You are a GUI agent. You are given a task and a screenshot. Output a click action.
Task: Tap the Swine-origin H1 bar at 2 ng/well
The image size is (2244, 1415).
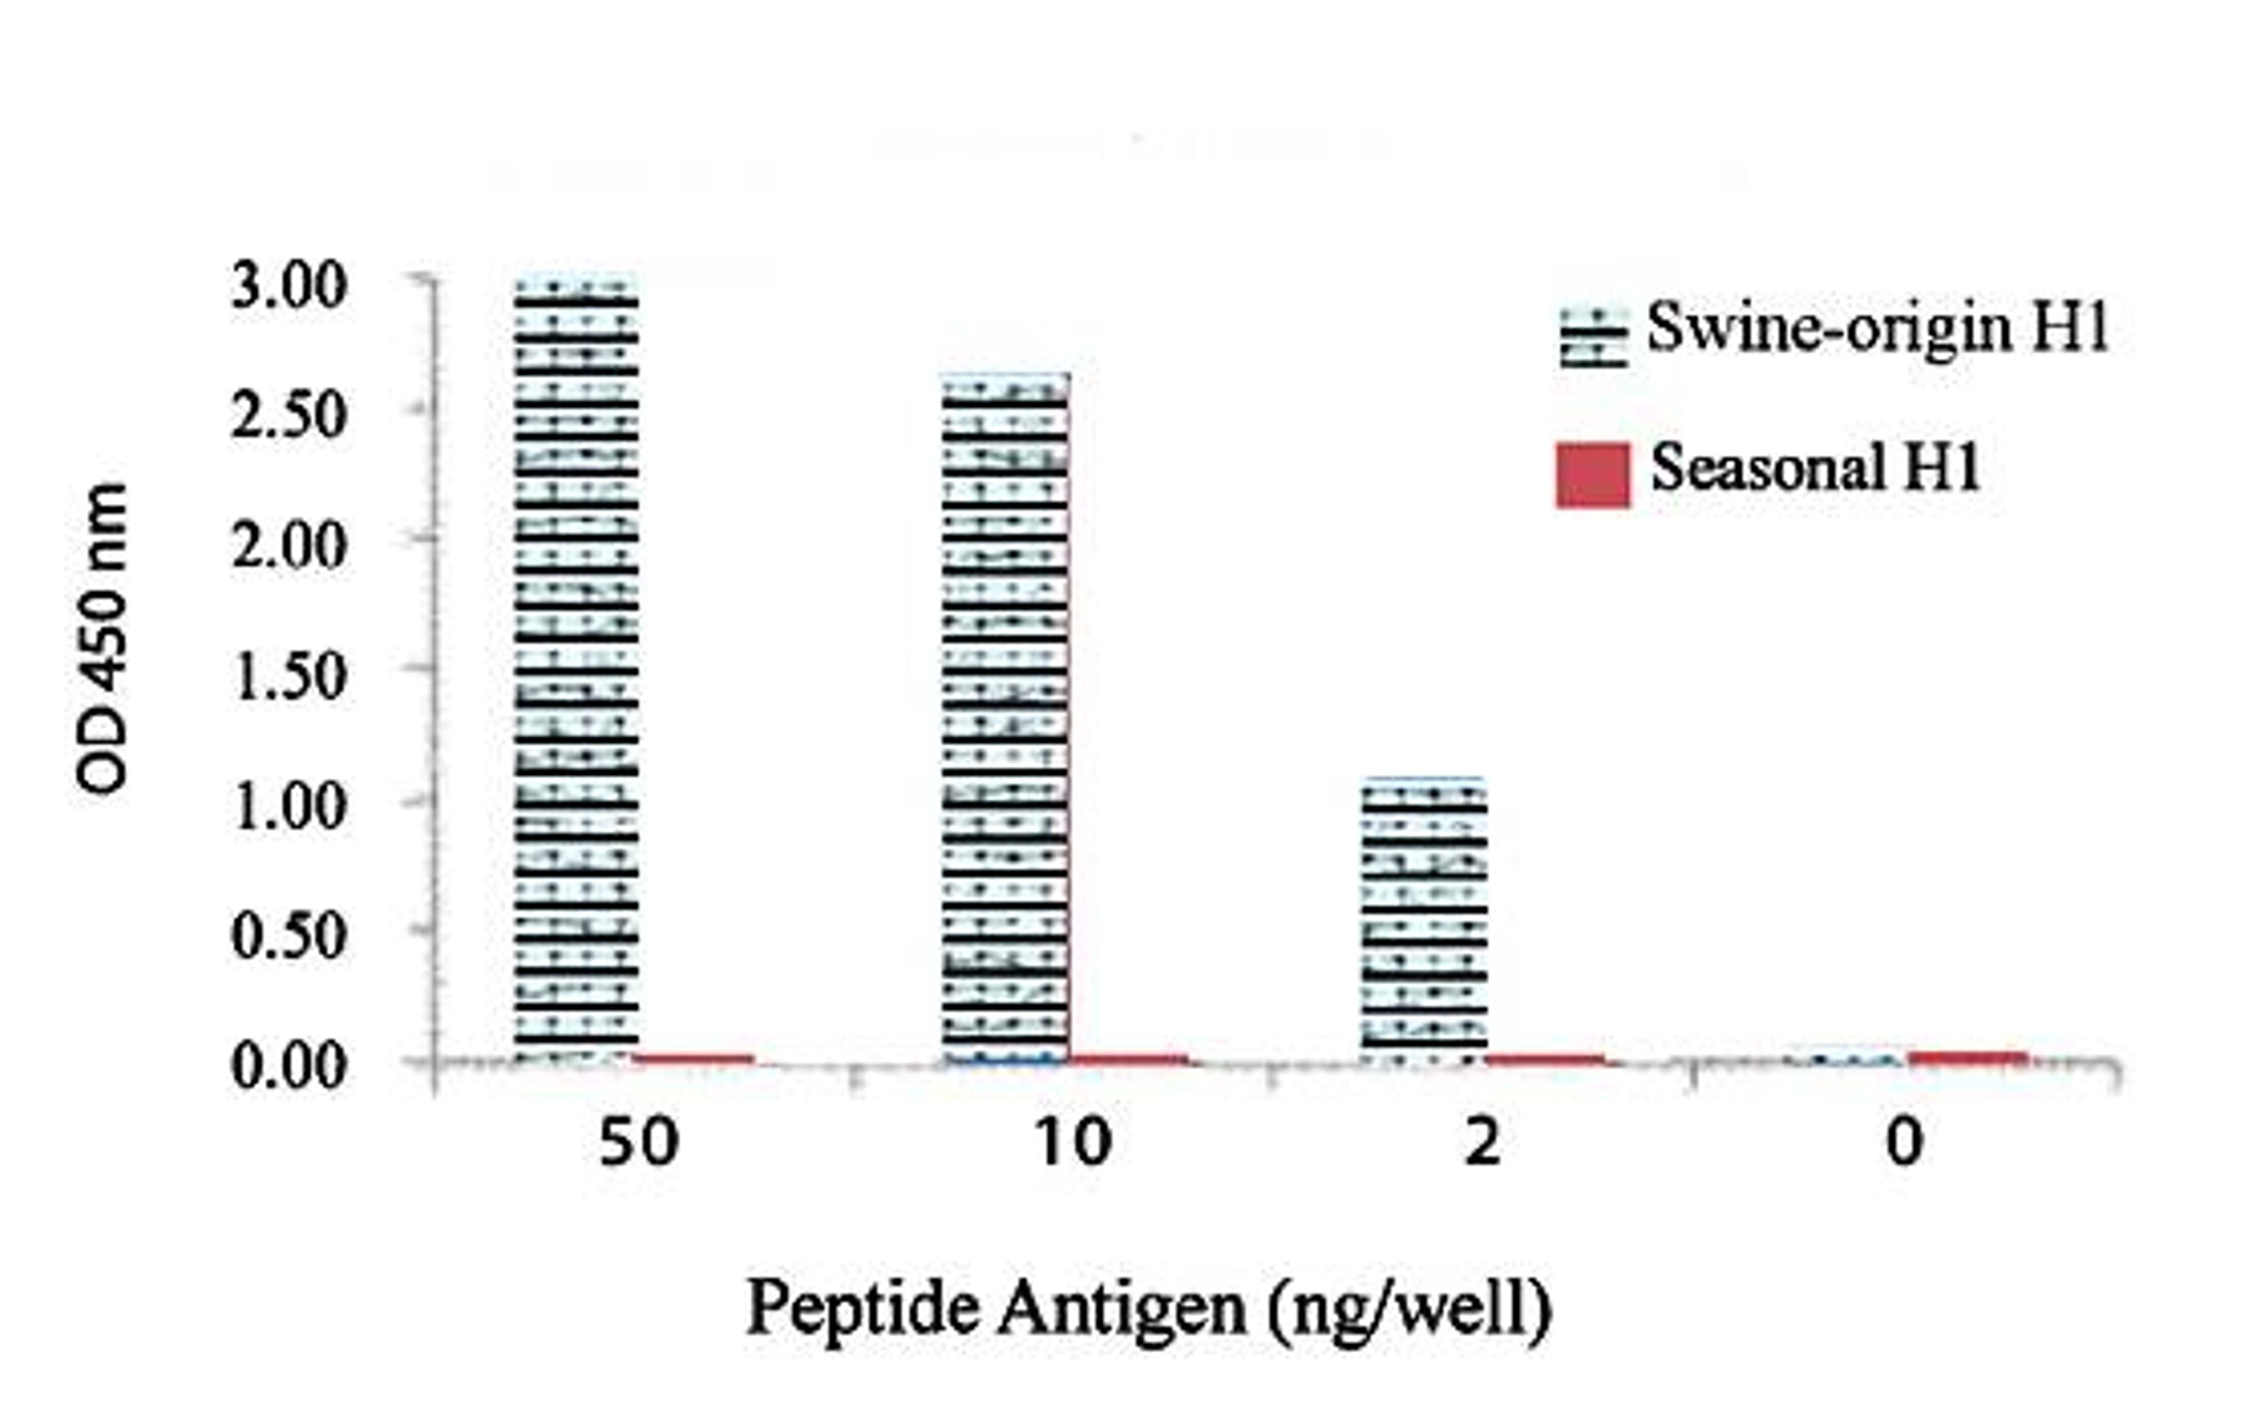[x=1424, y=920]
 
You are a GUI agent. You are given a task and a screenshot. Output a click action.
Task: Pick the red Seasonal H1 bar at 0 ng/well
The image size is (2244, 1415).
[x=1967, y=1057]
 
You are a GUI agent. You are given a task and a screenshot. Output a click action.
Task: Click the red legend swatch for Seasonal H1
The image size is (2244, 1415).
[x=1592, y=475]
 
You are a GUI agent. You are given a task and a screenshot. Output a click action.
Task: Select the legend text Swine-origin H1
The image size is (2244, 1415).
[x=1877, y=329]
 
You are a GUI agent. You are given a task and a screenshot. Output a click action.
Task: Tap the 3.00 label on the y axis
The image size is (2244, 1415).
[x=289, y=286]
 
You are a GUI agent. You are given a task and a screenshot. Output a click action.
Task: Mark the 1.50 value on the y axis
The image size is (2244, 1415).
[x=289, y=677]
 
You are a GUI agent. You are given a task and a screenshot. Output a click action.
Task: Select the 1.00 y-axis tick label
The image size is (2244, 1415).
[x=289, y=807]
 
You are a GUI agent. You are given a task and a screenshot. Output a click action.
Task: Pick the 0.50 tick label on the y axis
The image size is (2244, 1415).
[x=289, y=935]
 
